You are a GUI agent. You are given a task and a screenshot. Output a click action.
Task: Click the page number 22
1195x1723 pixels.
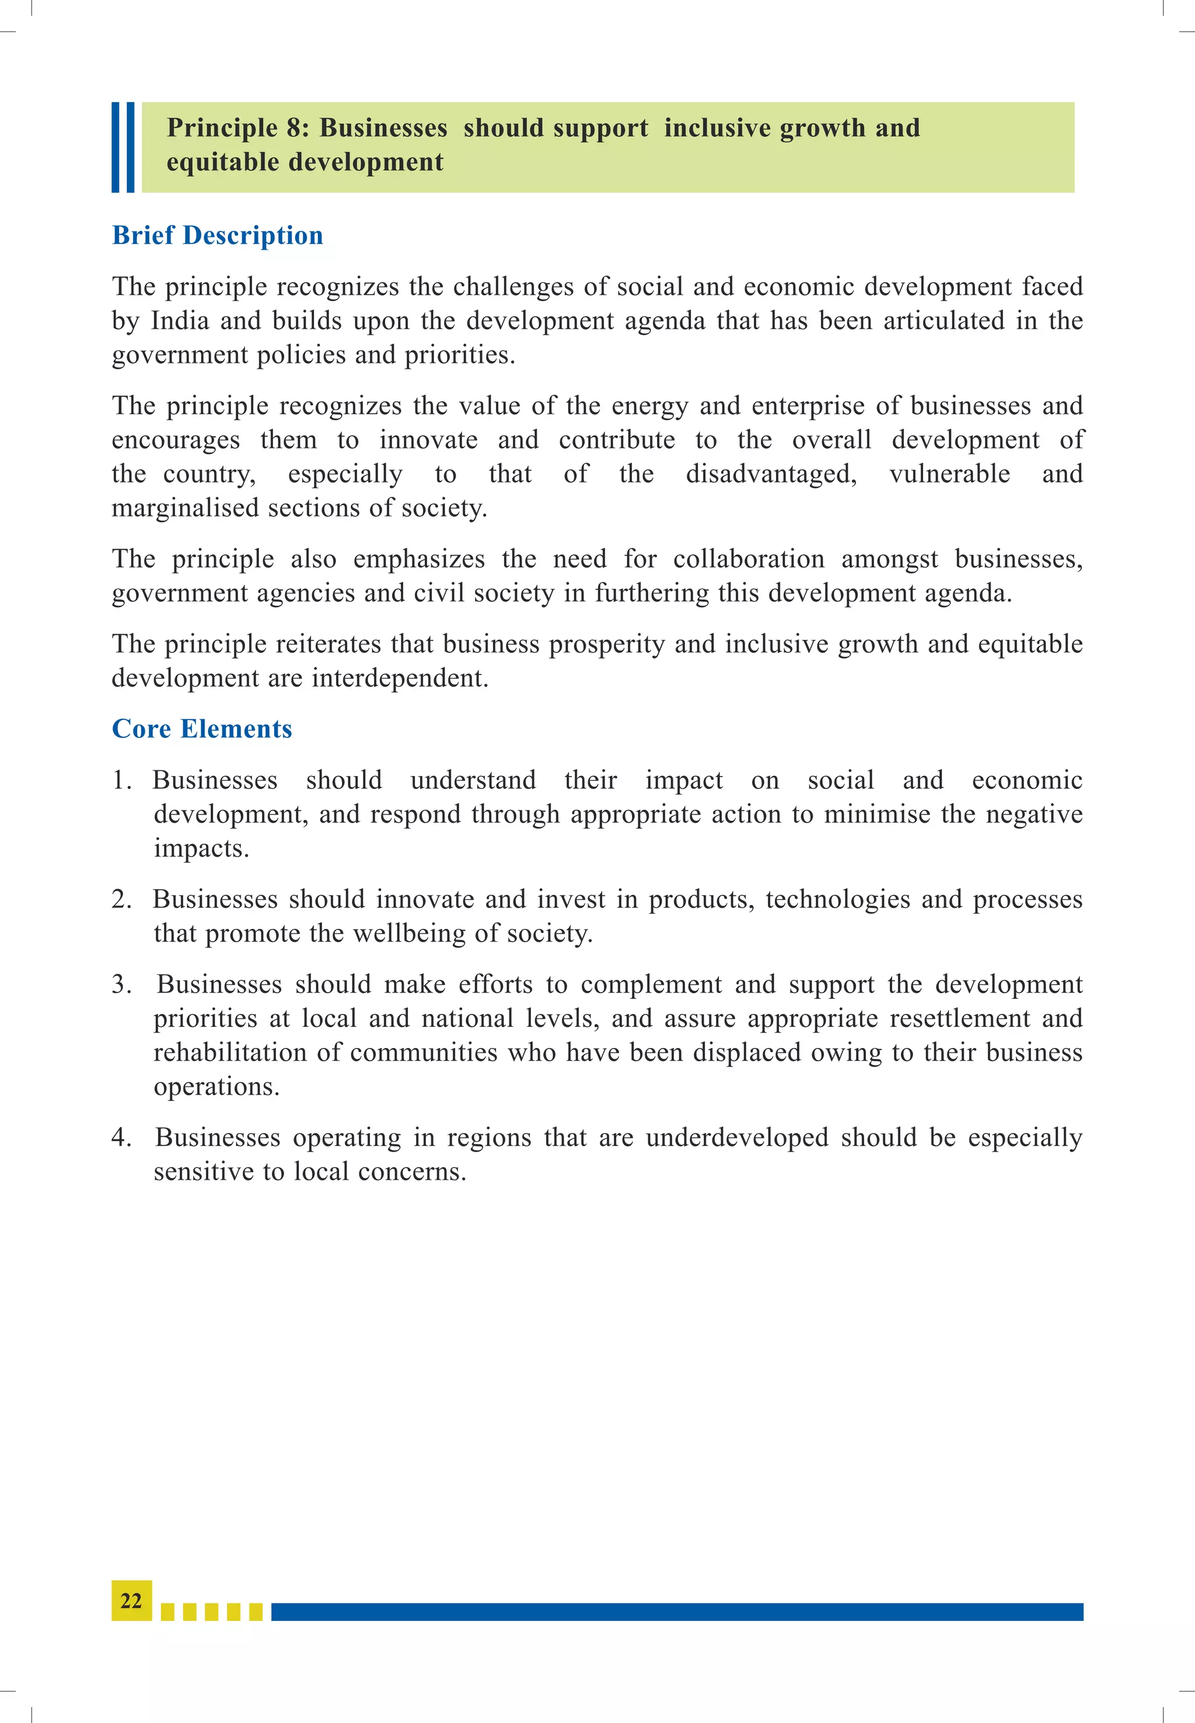(x=131, y=1600)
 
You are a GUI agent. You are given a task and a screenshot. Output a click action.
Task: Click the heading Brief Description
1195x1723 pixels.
(x=217, y=235)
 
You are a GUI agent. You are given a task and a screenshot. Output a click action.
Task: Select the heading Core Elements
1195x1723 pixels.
(x=201, y=729)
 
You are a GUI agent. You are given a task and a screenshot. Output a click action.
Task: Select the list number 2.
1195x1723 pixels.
(x=121, y=899)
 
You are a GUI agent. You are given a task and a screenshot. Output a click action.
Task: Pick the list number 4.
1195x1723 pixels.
(x=121, y=1137)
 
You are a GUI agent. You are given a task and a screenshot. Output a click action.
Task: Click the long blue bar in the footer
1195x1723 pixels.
(x=677, y=1612)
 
